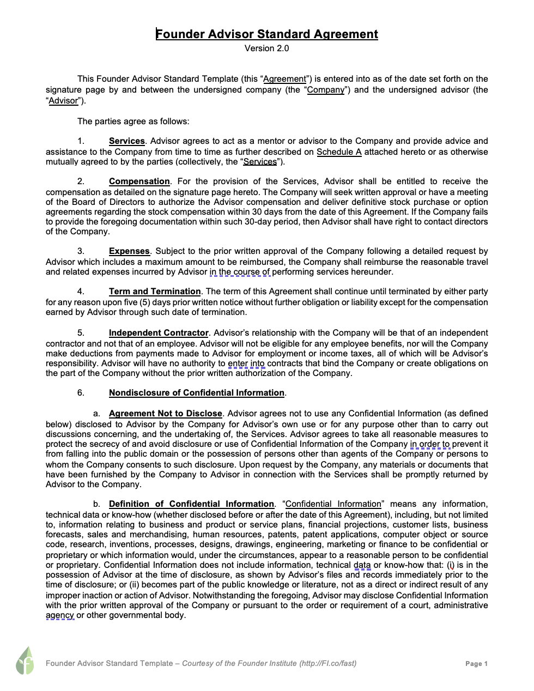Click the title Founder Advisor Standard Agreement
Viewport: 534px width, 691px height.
pos(267,34)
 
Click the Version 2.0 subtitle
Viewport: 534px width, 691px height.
pos(267,49)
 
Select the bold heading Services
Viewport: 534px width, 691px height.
pos(127,141)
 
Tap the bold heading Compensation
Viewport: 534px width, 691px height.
pos(139,181)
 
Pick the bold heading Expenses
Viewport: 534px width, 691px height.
pos(129,251)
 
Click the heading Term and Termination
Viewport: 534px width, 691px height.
pos(155,292)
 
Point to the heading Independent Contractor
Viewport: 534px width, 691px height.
pos(159,333)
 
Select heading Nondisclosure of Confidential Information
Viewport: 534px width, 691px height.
pos(197,393)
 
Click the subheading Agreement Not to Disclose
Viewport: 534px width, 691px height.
pos(166,414)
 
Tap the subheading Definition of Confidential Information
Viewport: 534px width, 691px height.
pos(191,504)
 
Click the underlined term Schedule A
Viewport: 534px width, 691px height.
pos(339,152)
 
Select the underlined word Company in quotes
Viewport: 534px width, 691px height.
pos(326,90)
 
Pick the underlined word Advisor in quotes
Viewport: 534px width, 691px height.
pos(64,101)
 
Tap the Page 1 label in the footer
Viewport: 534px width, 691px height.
pos(476,664)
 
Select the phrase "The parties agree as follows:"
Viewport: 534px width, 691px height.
pos(133,122)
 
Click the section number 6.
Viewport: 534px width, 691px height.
pos(81,393)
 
